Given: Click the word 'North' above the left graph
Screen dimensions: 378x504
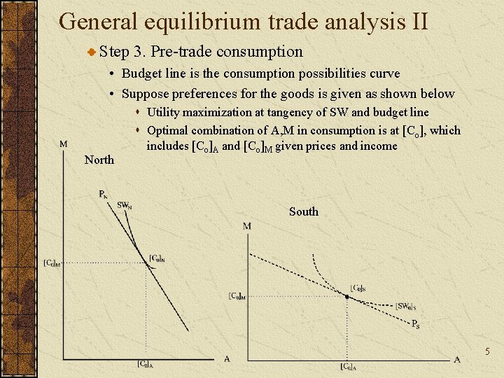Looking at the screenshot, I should pyautogui.click(x=99, y=160).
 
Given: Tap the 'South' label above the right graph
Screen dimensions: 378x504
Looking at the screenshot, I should pyautogui.click(x=303, y=211).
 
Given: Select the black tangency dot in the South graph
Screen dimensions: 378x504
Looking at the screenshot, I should pyautogui.click(x=346, y=296).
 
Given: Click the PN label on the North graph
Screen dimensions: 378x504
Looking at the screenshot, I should pyautogui.click(x=103, y=195).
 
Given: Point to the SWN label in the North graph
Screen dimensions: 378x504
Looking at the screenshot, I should pyautogui.click(x=124, y=205).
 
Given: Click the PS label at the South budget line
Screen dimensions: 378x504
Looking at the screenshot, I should pyautogui.click(x=415, y=323).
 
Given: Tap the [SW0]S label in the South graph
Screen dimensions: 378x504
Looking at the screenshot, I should pyautogui.click(x=405, y=306).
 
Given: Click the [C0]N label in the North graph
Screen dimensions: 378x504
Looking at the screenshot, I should pyautogui.click(x=157, y=258).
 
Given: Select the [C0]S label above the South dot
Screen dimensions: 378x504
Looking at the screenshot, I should pyautogui.click(x=357, y=287).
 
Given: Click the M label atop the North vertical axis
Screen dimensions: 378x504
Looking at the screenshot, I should pyautogui.click(x=64, y=144).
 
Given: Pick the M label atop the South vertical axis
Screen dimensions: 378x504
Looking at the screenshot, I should pyautogui.click(x=247, y=226).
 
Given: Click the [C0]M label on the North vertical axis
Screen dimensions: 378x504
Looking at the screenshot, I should pyautogui.click(x=52, y=263).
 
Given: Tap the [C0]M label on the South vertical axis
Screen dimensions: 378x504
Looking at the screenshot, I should pyautogui.click(x=237, y=296).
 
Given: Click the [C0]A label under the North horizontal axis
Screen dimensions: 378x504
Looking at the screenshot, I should pyautogui.click(x=145, y=363).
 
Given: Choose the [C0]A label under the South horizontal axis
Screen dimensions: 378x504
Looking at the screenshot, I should pyautogui.click(x=348, y=366).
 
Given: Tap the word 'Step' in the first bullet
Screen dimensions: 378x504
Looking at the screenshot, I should pyautogui.click(x=115, y=52).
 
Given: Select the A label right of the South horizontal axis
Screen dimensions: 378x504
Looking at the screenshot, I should pyautogui.click(x=456, y=359).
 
